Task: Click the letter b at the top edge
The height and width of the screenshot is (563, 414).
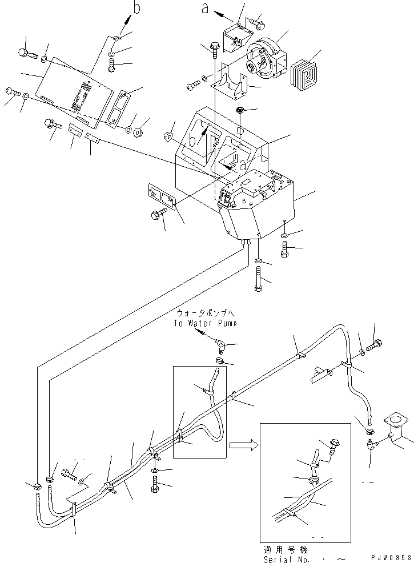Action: (x=136, y=7)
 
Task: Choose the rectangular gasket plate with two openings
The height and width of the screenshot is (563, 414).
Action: (x=162, y=199)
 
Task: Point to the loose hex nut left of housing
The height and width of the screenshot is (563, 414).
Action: (x=168, y=136)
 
